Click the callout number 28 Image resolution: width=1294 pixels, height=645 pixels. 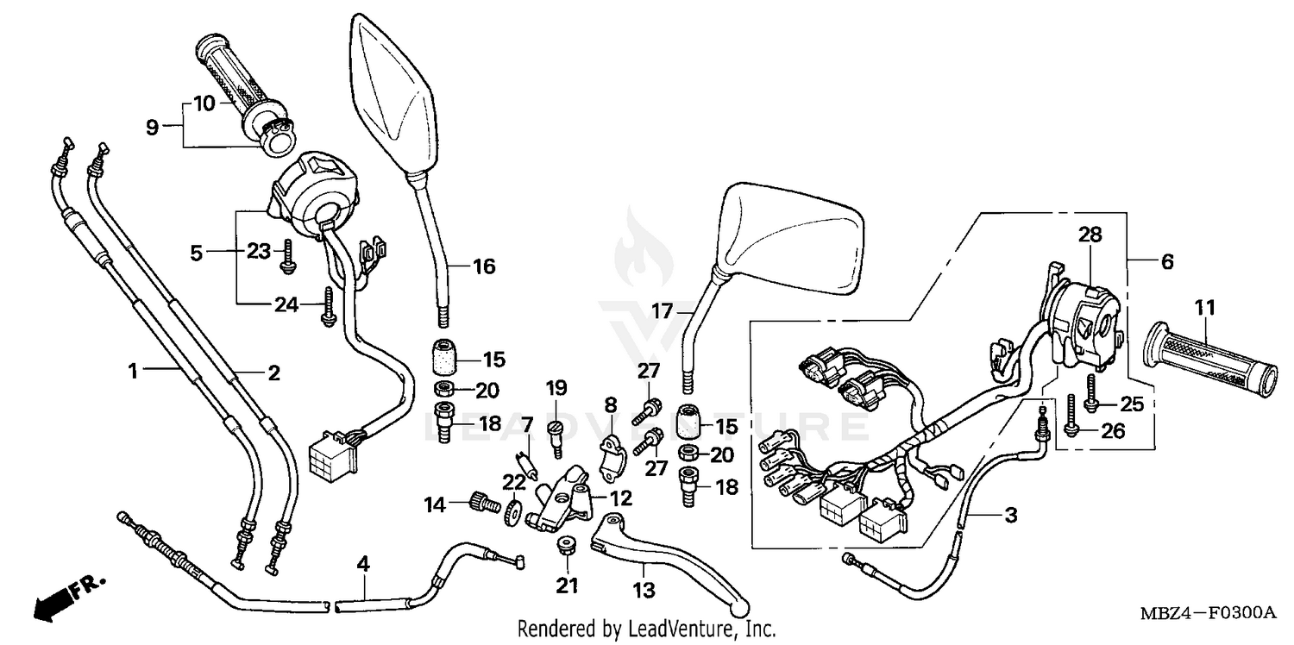point(1090,235)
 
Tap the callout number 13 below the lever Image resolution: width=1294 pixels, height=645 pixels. point(644,591)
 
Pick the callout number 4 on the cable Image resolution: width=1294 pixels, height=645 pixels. point(363,565)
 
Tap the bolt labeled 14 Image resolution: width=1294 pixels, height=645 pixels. point(483,502)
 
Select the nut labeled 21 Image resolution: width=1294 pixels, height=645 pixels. point(566,546)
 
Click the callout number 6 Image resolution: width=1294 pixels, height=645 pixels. point(1166,261)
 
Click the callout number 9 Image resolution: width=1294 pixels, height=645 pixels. point(152,128)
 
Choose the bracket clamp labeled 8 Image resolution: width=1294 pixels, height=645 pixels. point(611,454)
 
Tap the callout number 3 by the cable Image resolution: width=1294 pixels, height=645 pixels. point(1010,516)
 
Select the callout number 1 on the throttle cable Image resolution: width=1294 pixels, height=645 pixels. point(133,372)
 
